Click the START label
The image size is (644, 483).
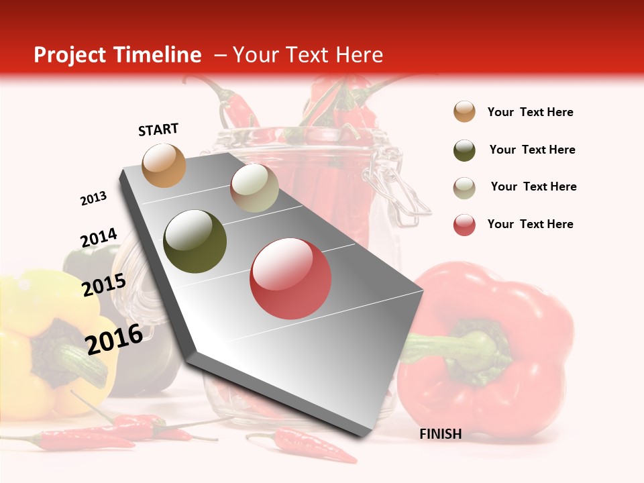(x=158, y=129)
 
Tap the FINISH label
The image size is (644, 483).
(x=441, y=434)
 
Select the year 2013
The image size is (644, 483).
(x=94, y=199)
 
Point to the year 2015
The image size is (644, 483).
(x=104, y=285)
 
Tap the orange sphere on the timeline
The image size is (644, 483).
(x=164, y=165)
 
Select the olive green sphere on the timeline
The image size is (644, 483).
(x=195, y=241)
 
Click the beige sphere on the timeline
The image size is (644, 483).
(x=254, y=189)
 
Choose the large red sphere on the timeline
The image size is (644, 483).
(x=290, y=278)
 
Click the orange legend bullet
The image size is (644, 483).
(x=464, y=112)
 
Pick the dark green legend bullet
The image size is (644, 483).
(x=464, y=150)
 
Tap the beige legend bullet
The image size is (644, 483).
(x=464, y=187)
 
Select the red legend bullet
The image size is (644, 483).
(x=464, y=225)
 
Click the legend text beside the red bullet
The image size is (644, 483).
(x=530, y=224)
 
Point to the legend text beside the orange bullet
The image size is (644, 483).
(x=530, y=112)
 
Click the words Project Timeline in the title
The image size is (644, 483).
(x=117, y=55)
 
